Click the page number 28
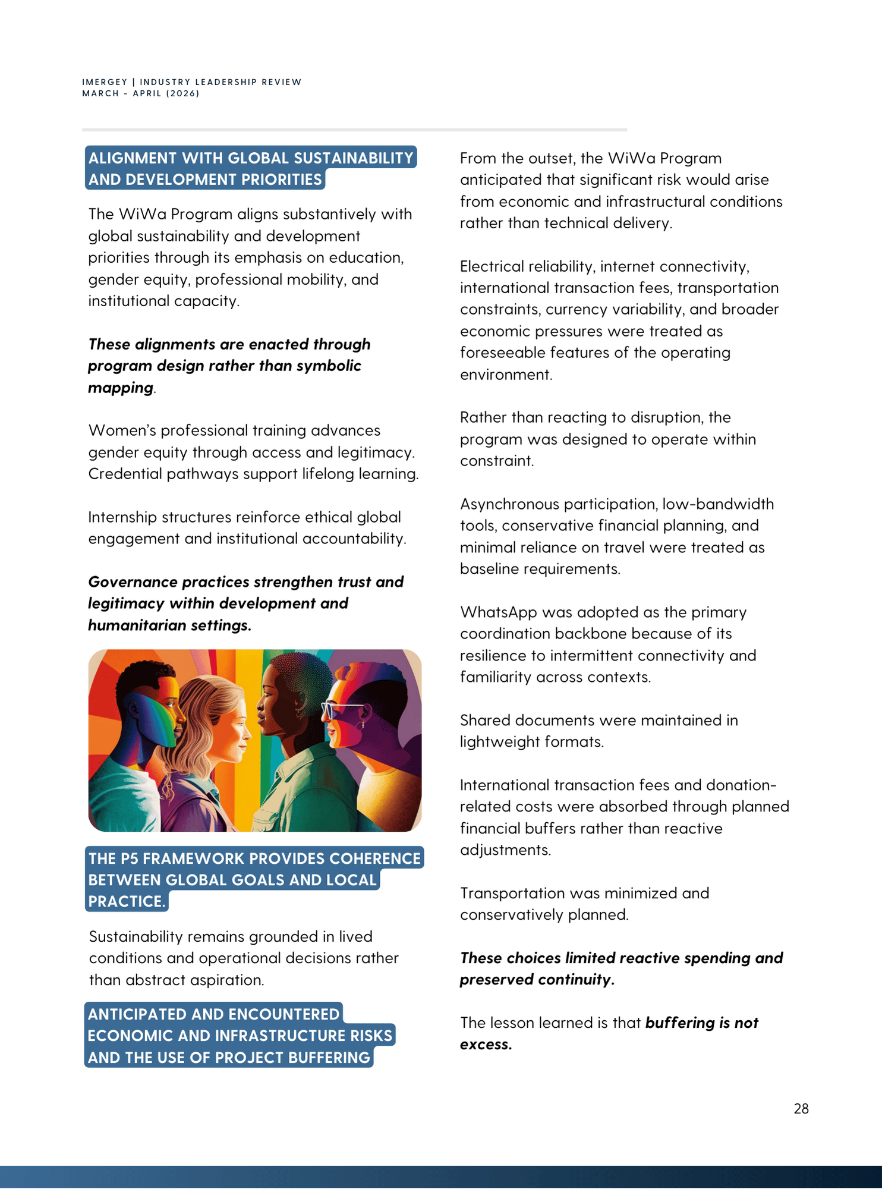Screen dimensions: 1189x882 (x=801, y=1109)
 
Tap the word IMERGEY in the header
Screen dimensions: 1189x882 (x=105, y=82)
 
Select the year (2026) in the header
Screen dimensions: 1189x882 (x=182, y=93)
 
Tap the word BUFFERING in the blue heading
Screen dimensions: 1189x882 (x=329, y=1058)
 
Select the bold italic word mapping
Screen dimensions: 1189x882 (x=121, y=388)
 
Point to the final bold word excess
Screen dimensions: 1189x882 (x=485, y=1045)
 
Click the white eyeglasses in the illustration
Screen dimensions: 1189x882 (x=341, y=709)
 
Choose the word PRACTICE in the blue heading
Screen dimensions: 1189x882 (x=126, y=901)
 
